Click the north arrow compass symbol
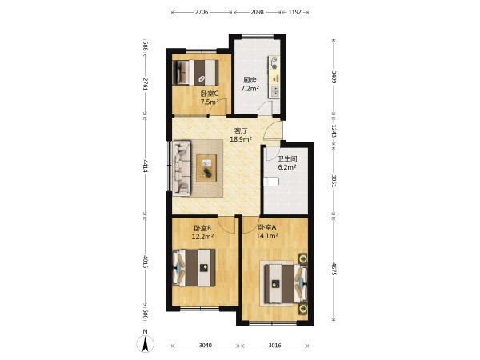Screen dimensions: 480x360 click(145, 343)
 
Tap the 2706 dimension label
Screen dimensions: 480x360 click(202, 12)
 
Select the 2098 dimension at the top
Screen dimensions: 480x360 click(257, 12)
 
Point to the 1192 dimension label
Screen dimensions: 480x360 click(294, 12)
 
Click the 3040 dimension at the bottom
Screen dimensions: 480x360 click(205, 346)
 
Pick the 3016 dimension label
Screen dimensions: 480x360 click(274, 346)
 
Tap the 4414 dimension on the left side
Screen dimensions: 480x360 click(146, 166)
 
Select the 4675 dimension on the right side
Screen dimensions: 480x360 click(334, 269)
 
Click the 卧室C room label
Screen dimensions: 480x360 click(210, 94)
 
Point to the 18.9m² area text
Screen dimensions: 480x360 click(241, 139)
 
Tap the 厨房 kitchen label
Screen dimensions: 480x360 click(250, 80)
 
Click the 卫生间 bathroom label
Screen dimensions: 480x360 click(287, 159)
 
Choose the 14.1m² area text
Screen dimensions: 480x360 click(267, 236)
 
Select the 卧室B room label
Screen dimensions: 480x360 click(202, 228)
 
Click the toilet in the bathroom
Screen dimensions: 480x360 click(271, 182)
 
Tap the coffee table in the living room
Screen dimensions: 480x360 click(206, 168)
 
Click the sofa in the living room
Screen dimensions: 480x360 click(182, 168)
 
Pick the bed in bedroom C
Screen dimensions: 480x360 click(195, 72)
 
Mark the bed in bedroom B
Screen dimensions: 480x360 click(194, 268)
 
